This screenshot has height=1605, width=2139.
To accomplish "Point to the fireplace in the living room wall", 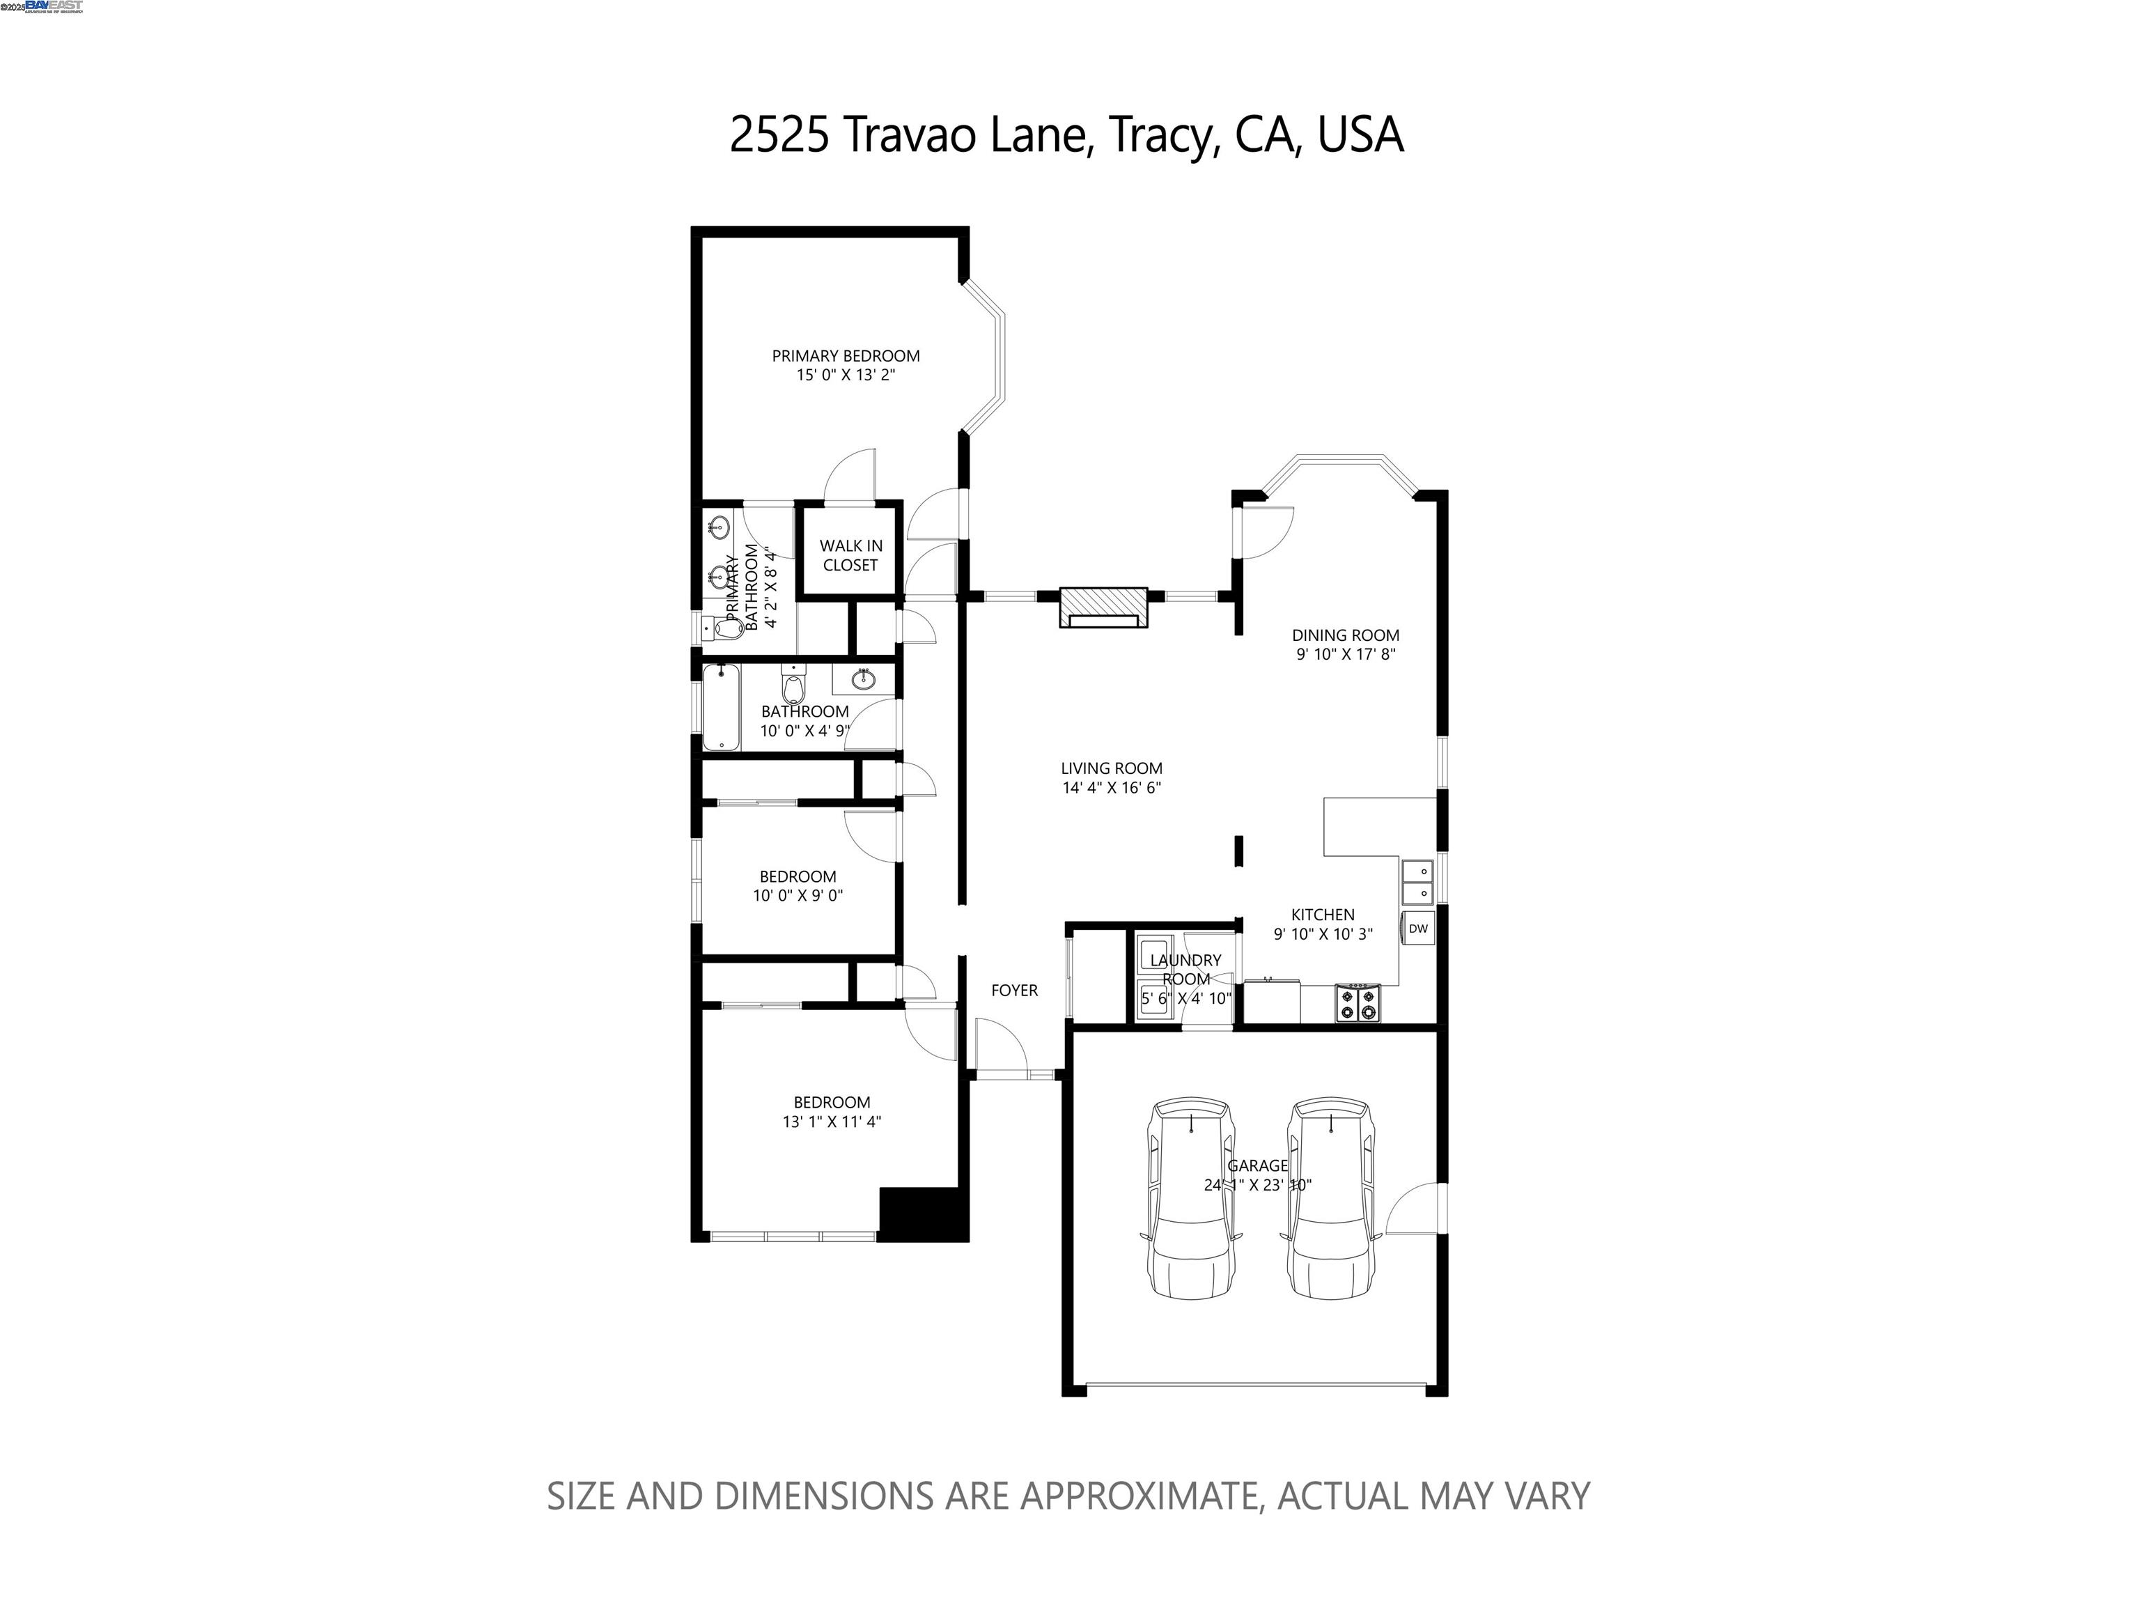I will tap(1103, 608).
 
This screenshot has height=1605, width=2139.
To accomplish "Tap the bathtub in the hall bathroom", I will tap(720, 707).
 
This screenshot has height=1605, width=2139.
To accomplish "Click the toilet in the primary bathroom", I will tap(722, 628).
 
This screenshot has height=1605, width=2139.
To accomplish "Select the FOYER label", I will tap(1014, 990).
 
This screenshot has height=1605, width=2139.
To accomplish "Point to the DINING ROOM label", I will tap(1345, 635).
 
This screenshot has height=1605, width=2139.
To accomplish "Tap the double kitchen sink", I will tap(1417, 882).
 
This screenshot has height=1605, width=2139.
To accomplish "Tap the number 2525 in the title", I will tap(779, 135).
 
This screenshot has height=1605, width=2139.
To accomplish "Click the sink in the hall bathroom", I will tap(864, 680).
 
